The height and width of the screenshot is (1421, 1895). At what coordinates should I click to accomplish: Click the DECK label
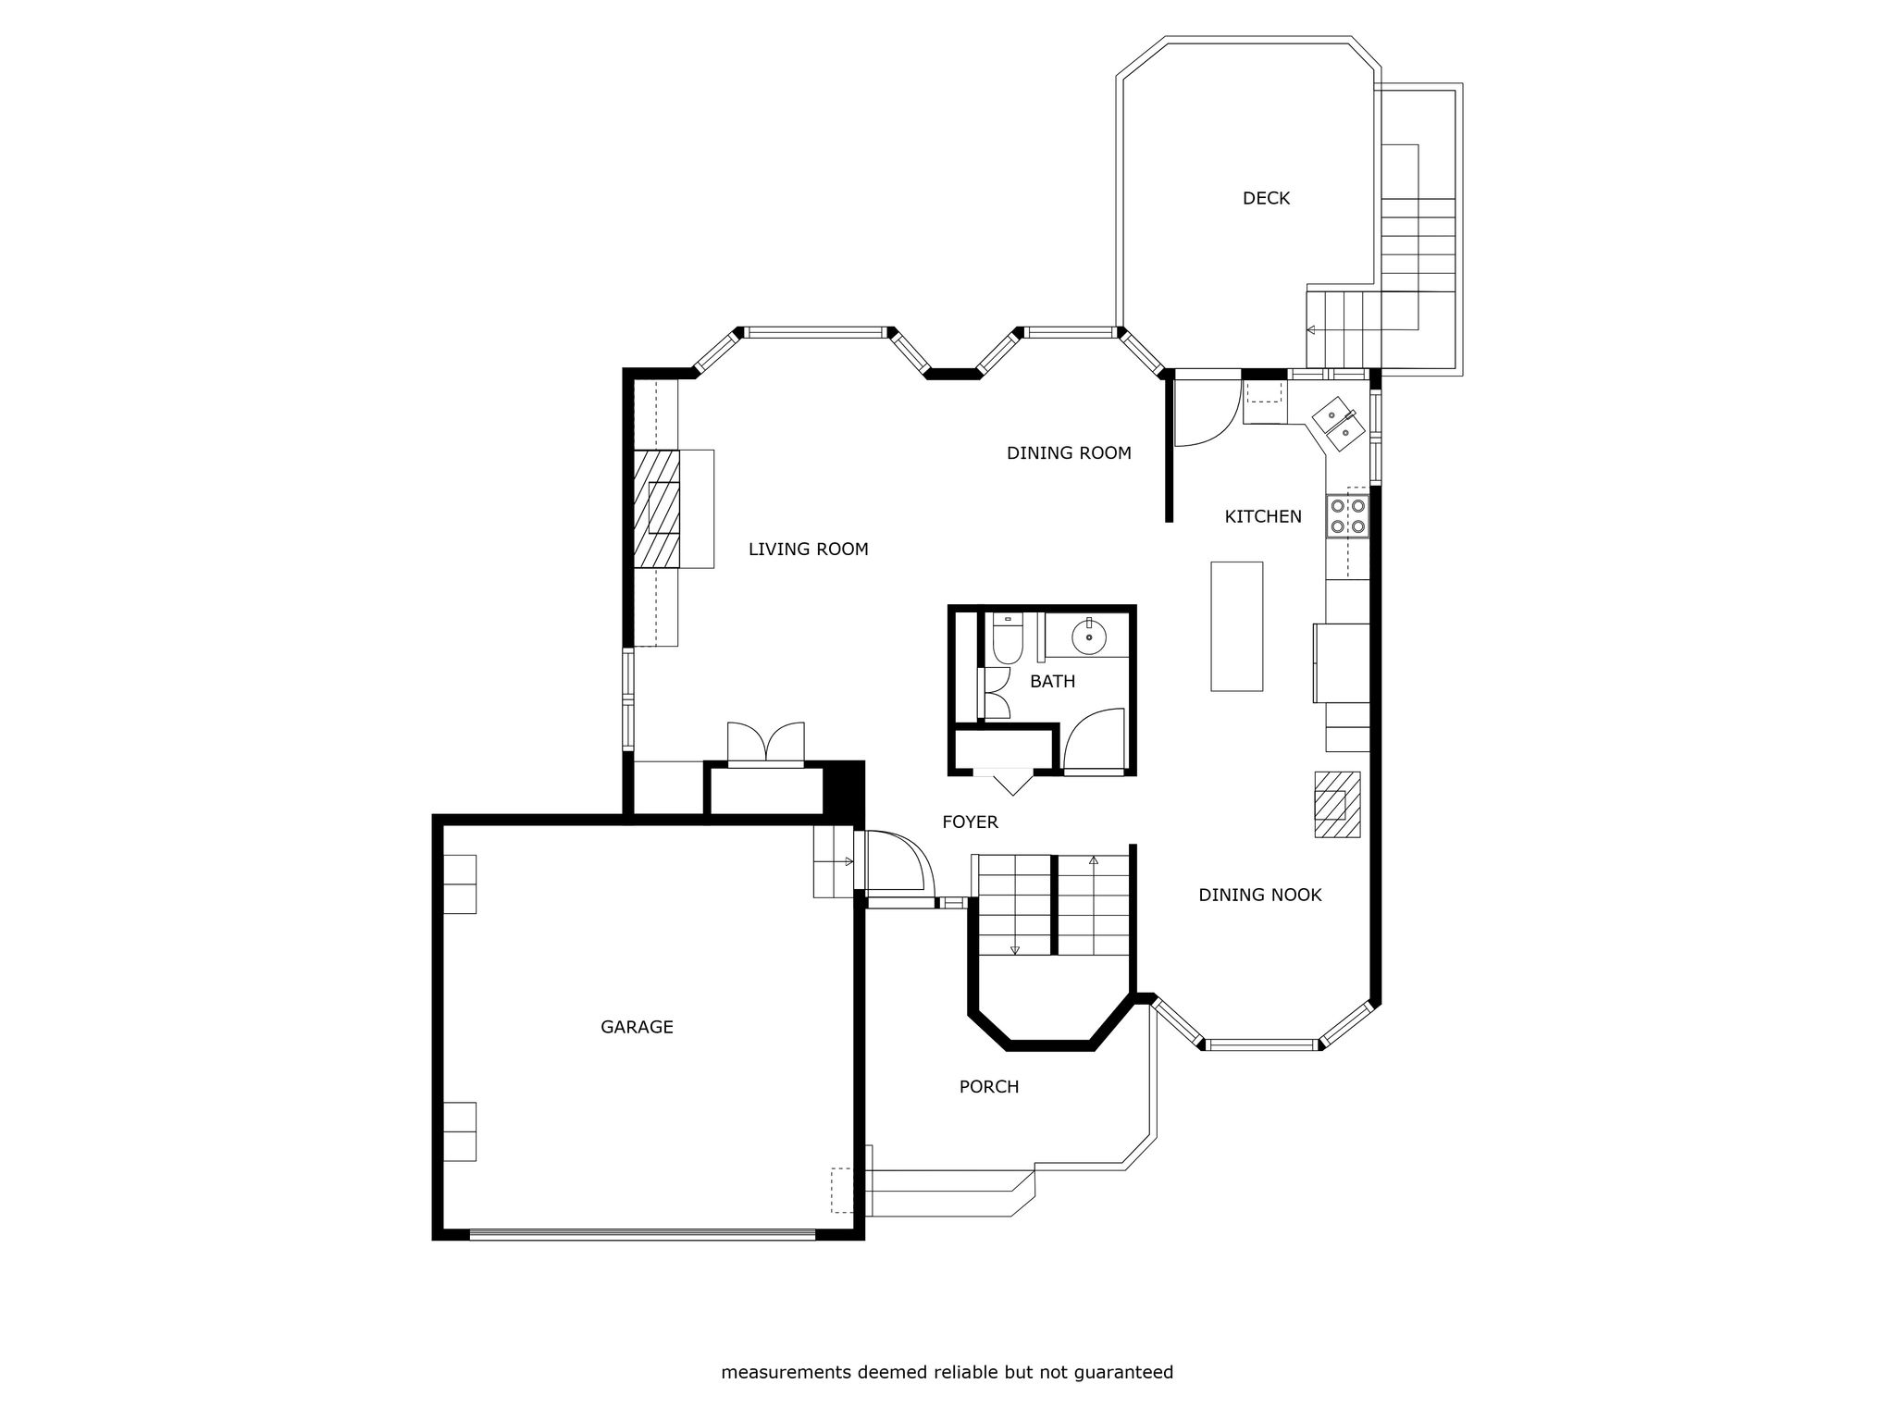tap(1266, 198)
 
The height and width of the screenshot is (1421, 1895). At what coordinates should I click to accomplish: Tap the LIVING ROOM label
tap(808, 550)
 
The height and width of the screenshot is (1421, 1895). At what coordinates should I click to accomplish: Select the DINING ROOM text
tap(1069, 453)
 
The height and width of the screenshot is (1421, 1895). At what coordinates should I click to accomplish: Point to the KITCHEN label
tap(1263, 517)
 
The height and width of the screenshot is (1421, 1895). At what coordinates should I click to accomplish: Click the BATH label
tap(1053, 682)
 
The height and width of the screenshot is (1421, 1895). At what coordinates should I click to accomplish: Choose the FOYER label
tap(970, 822)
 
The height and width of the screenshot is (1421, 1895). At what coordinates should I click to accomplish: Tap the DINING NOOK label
tap(1259, 896)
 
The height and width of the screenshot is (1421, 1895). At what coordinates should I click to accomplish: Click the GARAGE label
tap(637, 1028)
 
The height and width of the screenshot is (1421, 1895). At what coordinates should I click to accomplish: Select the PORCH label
tap(988, 1087)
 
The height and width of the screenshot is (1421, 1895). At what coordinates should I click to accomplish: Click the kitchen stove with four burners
tap(1348, 516)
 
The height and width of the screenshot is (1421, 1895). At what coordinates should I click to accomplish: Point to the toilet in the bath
tap(1007, 638)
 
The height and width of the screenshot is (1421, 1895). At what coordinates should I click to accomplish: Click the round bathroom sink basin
tap(1090, 636)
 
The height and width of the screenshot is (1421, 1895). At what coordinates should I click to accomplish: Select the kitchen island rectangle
tap(1237, 626)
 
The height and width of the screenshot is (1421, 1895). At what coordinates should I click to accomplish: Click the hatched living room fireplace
tap(657, 508)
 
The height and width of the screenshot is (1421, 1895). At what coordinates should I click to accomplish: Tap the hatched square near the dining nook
tap(1338, 804)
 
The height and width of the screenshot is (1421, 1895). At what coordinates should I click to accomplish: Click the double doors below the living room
tap(766, 743)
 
